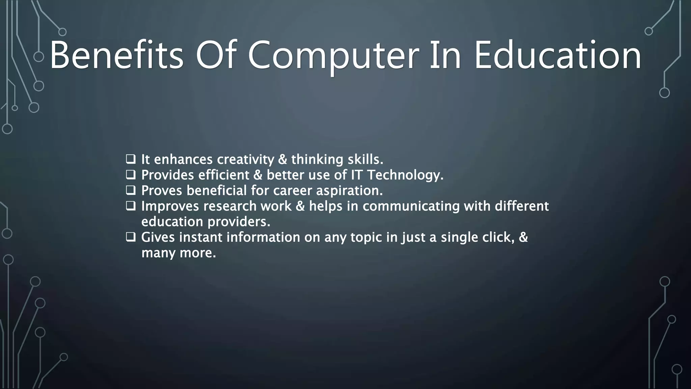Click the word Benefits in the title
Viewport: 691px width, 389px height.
click(x=117, y=55)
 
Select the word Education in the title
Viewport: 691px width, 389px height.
click(x=557, y=55)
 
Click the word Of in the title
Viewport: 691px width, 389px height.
click(x=215, y=55)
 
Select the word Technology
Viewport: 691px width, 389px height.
click(x=405, y=175)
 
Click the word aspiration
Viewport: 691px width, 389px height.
click(x=349, y=191)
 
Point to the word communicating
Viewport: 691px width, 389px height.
click(x=411, y=206)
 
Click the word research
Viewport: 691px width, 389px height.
click(x=230, y=206)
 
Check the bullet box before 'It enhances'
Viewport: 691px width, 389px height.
click(x=131, y=159)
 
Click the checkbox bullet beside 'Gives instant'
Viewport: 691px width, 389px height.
click(x=131, y=237)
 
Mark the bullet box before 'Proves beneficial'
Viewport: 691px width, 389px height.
click(x=131, y=190)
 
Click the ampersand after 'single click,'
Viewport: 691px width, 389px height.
click(x=523, y=237)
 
